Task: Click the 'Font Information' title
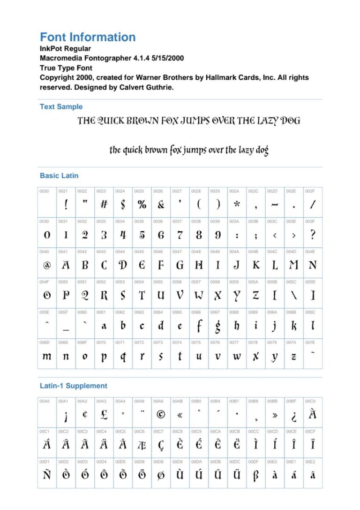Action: (88, 38)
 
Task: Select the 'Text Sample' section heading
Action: (61, 107)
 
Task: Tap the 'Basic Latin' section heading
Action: (59, 176)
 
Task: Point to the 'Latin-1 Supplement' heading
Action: (74, 386)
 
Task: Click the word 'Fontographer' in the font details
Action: (100, 59)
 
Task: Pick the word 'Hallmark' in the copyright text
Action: (220, 77)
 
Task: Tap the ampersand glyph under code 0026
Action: (161, 205)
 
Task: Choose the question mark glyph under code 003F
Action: (313, 235)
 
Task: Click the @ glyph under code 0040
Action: (47, 265)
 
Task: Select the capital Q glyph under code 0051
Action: (85, 296)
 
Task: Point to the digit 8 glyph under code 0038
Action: (199, 235)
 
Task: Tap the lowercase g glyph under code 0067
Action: (218, 326)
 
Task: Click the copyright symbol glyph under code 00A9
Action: (161, 415)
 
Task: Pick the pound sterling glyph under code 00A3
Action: (104, 415)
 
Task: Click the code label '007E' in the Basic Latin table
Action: (310, 343)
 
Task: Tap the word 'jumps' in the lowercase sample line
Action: (197, 150)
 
